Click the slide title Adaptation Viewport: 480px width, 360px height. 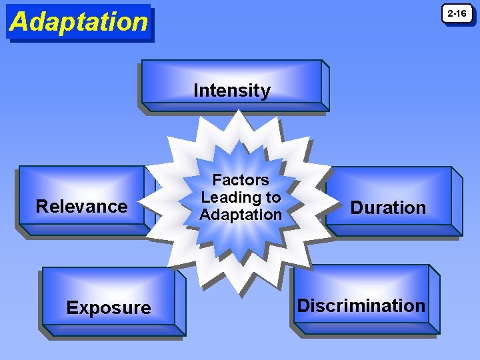tap(79, 22)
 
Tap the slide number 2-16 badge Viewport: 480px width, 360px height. tap(457, 13)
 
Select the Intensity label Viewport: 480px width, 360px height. tap(232, 91)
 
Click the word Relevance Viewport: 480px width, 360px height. tap(81, 206)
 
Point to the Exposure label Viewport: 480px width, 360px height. tap(109, 308)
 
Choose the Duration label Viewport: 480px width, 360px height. tap(388, 208)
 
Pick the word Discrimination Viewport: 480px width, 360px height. tap(361, 306)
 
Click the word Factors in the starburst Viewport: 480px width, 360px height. tap(241, 180)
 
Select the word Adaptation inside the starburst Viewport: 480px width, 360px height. tap(241, 215)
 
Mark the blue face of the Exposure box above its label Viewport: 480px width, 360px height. tap(109, 283)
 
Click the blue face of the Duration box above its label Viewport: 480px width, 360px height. tap(388, 183)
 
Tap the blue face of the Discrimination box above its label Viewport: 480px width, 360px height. tap(361, 280)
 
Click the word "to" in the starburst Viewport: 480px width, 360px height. tap(273, 197)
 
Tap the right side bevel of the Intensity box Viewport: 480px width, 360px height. tap(325, 85)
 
